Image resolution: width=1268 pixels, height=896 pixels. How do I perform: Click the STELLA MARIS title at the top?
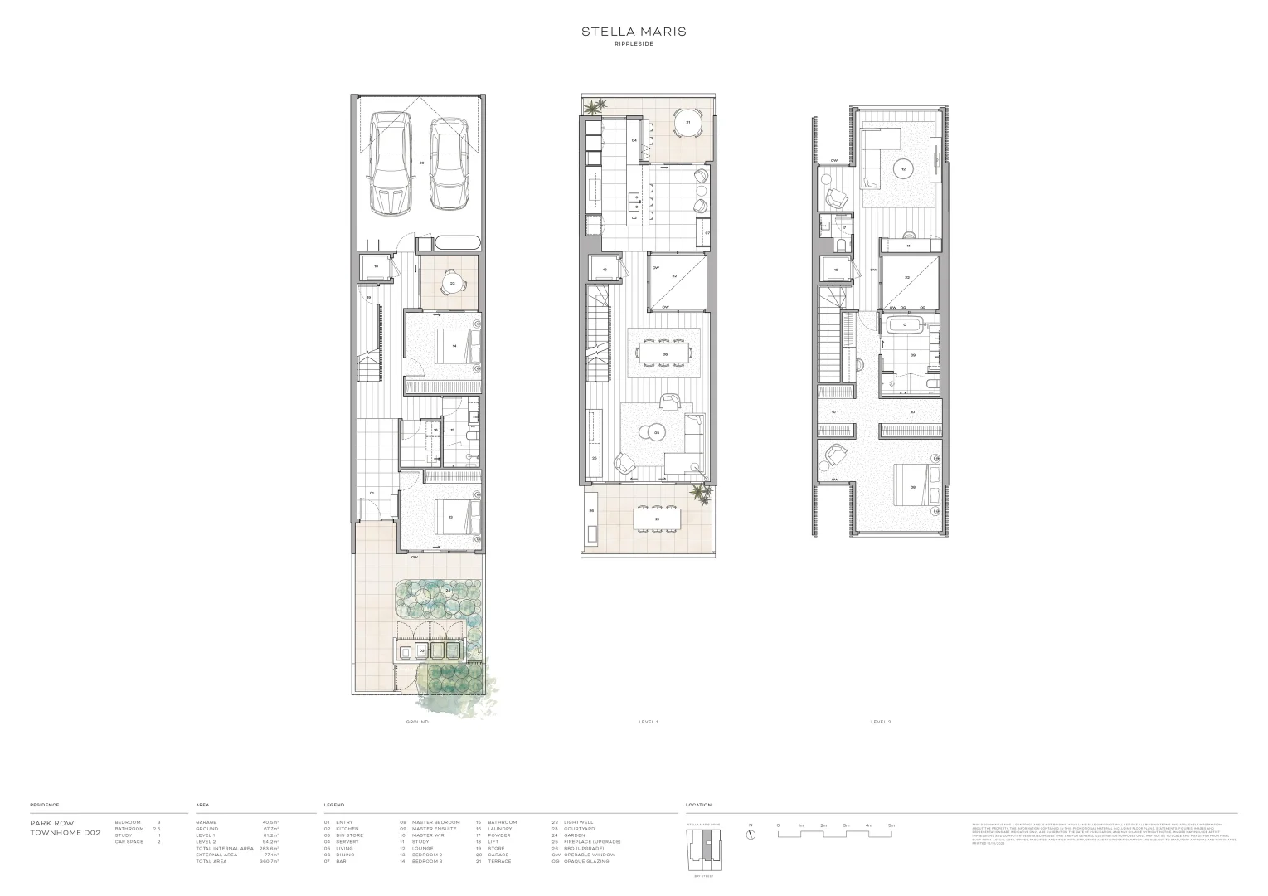point(633,32)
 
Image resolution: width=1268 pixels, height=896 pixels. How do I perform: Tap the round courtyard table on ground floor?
point(452,283)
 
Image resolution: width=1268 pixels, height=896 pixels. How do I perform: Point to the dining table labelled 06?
point(664,354)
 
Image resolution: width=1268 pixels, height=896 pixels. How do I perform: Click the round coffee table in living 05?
point(657,432)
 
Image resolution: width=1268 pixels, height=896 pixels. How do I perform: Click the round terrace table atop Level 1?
point(687,122)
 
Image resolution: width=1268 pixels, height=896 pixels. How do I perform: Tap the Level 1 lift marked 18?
point(605,269)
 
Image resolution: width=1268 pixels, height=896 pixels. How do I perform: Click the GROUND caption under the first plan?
point(417,722)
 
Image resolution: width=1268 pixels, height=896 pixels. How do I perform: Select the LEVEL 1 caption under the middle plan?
point(649,722)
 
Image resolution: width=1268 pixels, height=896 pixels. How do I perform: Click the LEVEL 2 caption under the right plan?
point(881,722)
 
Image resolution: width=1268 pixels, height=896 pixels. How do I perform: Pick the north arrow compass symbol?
point(751,835)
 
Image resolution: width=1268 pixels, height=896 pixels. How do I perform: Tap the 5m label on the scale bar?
point(891,825)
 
